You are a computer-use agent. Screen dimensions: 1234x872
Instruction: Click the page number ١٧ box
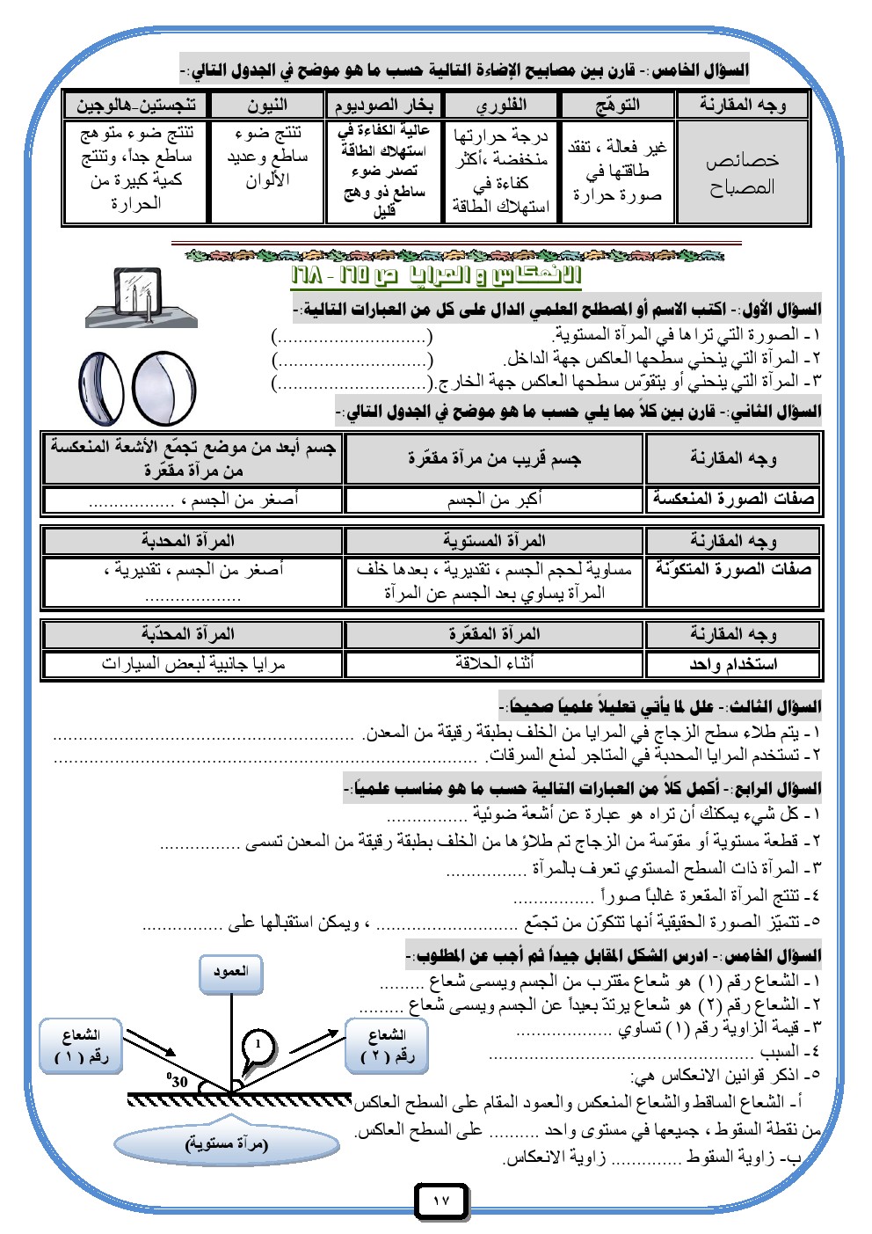pyautogui.click(x=441, y=1201)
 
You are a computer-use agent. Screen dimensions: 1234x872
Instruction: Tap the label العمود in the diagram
pyautogui.click(x=230, y=973)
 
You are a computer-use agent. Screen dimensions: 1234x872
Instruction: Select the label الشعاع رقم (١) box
pyautogui.click(x=81, y=1045)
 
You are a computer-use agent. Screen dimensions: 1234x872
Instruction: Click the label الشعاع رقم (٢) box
pyautogui.click(x=387, y=1045)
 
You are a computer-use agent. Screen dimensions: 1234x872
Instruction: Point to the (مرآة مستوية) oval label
pyautogui.click(x=227, y=1144)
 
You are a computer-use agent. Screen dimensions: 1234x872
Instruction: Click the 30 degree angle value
pyautogui.click(x=178, y=1081)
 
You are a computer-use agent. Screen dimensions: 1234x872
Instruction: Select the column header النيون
pyautogui.click(x=267, y=106)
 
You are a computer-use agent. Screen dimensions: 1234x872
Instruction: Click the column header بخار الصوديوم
pyautogui.click(x=383, y=106)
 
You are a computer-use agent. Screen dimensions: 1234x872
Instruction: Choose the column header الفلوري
pyautogui.click(x=501, y=106)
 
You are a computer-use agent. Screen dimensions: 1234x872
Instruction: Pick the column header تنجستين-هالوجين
pyautogui.click(x=136, y=106)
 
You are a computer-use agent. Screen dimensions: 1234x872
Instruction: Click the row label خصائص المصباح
pyautogui.click(x=742, y=173)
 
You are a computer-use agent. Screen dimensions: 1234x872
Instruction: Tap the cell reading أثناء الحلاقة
pyautogui.click(x=494, y=663)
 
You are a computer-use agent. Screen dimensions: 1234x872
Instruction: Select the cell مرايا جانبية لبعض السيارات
pyautogui.click(x=193, y=663)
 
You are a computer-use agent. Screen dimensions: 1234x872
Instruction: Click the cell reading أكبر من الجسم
pyautogui.click(x=494, y=499)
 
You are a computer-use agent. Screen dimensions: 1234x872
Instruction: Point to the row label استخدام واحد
pyautogui.click(x=733, y=663)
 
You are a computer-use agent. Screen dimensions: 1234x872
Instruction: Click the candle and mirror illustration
pyautogui.click(x=141, y=297)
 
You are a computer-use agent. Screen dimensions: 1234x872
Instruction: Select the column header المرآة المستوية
pyautogui.click(x=494, y=540)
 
